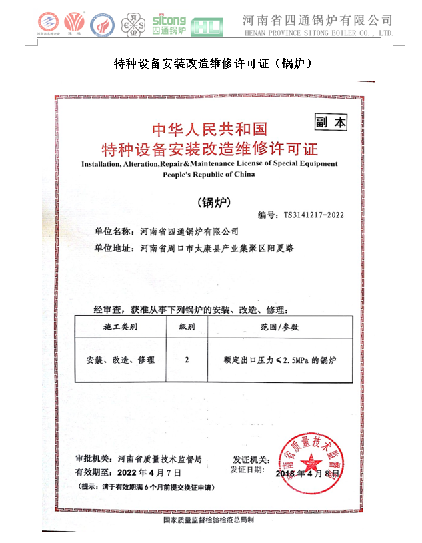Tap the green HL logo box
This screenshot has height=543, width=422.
coord(203,27)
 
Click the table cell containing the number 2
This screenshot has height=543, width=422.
coord(187,360)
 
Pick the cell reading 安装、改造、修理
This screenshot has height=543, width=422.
coord(121,360)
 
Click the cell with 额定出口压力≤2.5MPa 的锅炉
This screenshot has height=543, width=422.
coord(280,360)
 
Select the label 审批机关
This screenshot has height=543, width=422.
coord(94,460)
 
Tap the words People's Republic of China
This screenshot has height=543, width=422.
coord(209,174)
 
